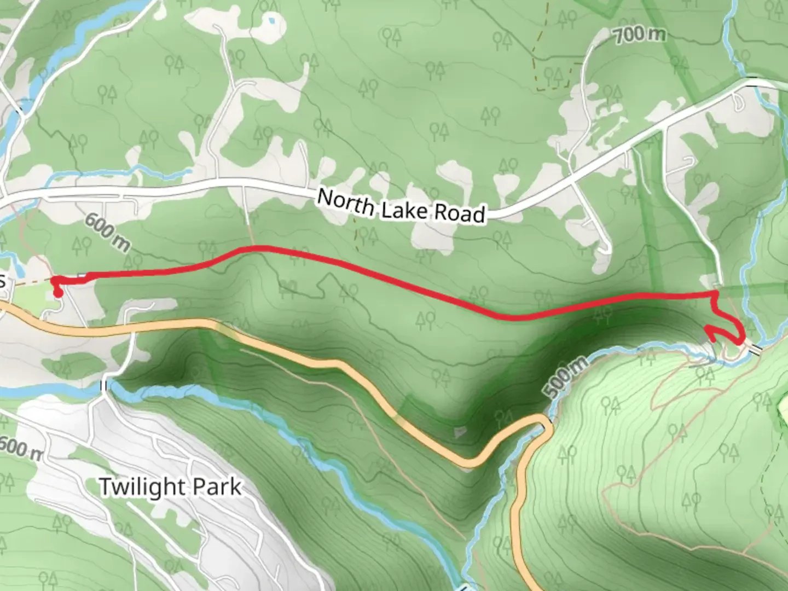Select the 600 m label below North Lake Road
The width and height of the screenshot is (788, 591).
click(107, 233)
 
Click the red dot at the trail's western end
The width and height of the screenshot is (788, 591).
click(57, 293)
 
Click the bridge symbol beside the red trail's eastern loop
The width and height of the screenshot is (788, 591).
click(756, 349)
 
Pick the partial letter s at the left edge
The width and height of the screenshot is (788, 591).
click(3, 281)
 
